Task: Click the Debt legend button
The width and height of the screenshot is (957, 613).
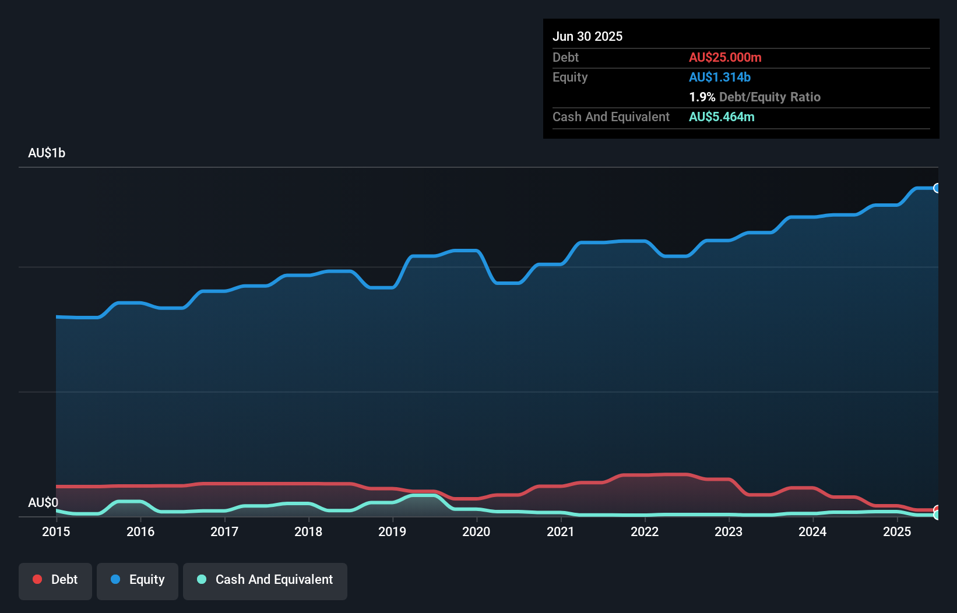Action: [55, 580]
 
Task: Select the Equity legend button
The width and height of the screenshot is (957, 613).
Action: [138, 580]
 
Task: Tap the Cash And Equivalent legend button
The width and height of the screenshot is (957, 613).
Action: [265, 580]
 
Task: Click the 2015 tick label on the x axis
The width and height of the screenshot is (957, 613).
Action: [56, 531]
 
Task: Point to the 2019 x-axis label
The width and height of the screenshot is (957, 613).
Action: [392, 531]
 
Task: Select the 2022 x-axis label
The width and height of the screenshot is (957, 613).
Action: [645, 531]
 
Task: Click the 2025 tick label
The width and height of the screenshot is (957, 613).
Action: [897, 531]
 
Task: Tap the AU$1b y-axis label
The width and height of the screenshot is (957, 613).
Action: [47, 153]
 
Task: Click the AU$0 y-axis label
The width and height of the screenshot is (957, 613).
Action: [43, 502]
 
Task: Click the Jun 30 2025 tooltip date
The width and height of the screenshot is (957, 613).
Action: [587, 37]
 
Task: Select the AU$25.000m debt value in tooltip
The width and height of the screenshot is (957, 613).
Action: [725, 58]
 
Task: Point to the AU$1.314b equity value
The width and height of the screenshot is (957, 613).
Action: [720, 77]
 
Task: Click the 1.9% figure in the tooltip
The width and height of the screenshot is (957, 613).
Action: [702, 97]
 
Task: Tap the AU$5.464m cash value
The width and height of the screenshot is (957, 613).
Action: [722, 117]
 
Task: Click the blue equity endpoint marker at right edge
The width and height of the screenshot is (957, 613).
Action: [937, 188]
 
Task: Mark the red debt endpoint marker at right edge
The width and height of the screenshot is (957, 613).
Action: [937, 510]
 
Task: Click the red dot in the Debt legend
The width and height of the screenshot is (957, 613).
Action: [37, 579]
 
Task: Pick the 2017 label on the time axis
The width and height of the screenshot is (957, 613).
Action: [224, 531]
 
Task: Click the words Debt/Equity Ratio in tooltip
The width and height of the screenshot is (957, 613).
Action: [770, 97]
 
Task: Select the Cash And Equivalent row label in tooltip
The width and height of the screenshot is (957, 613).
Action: [611, 117]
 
